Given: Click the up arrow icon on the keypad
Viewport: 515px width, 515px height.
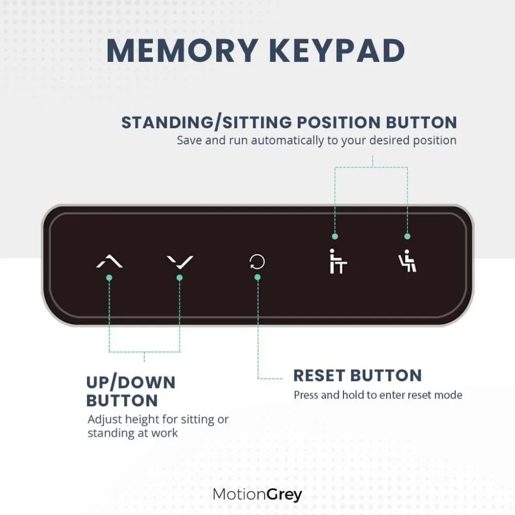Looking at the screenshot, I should pos(109,262).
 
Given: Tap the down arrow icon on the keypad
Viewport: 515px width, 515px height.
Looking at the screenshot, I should pos(180,262).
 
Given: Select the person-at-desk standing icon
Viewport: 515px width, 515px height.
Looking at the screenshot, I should pos(338,261).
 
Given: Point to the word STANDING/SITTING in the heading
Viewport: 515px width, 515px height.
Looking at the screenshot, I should pos(205,123).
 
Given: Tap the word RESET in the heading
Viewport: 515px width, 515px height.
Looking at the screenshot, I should pos(322,375).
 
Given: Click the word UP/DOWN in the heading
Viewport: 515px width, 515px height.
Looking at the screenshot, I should pos(131,383).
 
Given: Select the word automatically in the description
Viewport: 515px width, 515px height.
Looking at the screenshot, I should pos(281,140).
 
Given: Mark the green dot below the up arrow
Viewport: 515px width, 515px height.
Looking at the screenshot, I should pos(109,278).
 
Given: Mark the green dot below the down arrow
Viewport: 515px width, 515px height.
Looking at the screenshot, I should pos(180,278).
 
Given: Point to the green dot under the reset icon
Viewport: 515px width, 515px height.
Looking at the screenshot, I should pos(257,277).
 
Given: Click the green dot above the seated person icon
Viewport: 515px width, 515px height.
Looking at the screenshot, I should pos(407,236).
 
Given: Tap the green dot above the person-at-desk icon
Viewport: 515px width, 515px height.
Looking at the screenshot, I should pos(335,236).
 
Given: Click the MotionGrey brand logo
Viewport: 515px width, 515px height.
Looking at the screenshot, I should pos(257,495).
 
